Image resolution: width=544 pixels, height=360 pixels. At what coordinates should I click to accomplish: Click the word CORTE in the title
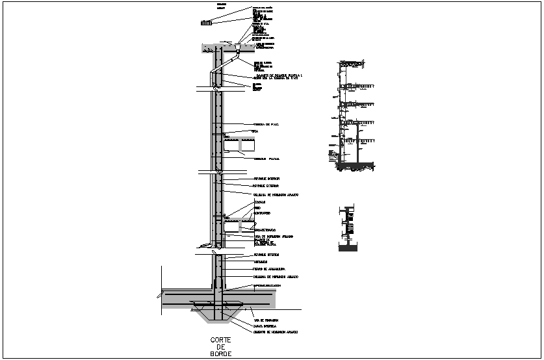(220, 340)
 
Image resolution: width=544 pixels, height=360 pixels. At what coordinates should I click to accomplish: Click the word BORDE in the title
(220, 354)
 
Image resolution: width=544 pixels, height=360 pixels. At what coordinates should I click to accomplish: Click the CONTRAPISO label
(263, 213)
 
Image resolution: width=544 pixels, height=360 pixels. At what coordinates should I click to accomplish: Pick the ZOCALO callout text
(259, 202)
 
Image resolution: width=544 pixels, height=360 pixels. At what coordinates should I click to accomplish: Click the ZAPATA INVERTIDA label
(266, 326)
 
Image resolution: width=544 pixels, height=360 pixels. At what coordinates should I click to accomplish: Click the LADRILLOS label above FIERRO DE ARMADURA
(263, 261)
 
